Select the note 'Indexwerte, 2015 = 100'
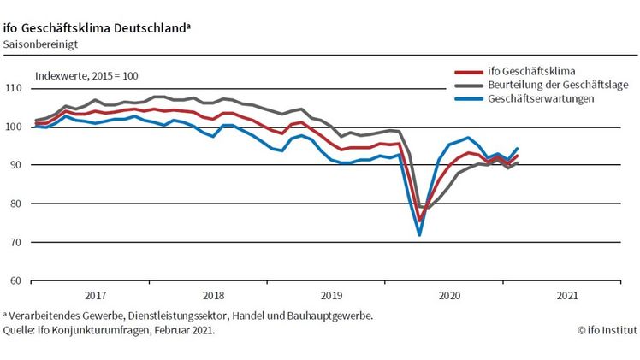click(86, 75)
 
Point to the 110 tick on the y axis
click(13, 88)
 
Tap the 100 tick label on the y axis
click(13, 127)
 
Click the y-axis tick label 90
click(15, 165)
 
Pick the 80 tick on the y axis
click(15, 204)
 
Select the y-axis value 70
click(15, 242)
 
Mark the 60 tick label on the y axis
click(15, 280)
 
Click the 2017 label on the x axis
click(95, 295)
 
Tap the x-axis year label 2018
click(213, 295)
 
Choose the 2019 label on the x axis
click(331, 295)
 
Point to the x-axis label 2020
click(449, 295)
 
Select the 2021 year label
click(566, 295)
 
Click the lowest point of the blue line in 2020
click(420, 234)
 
